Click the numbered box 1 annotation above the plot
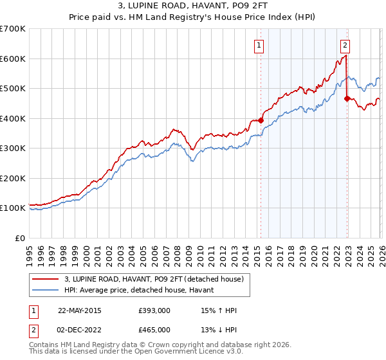[x=259, y=45]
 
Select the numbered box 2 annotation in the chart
[x=345, y=45]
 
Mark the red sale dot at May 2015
[x=261, y=120]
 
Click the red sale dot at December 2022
[x=347, y=98]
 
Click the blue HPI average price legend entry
[x=143, y=291]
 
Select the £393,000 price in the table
[x=154, y=310]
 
